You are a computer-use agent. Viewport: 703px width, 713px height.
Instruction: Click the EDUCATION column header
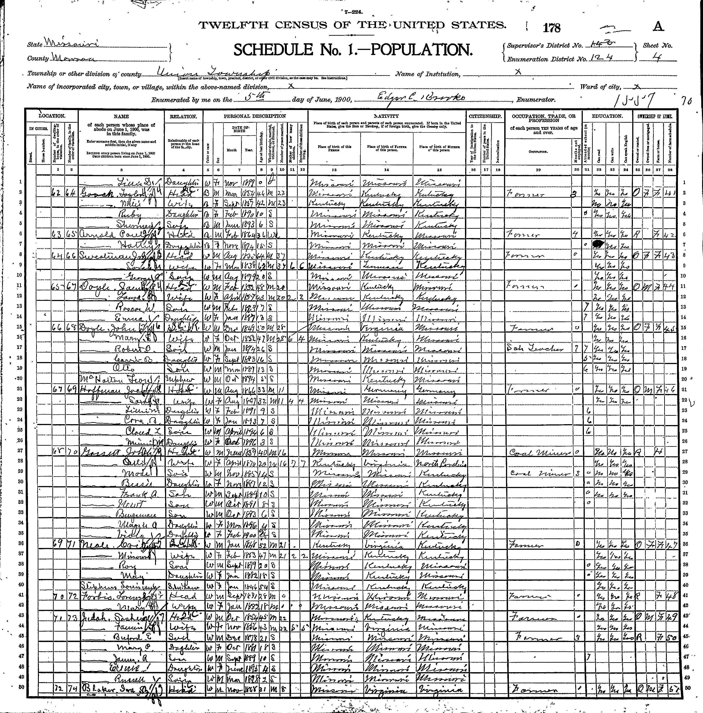click(607, 116)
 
